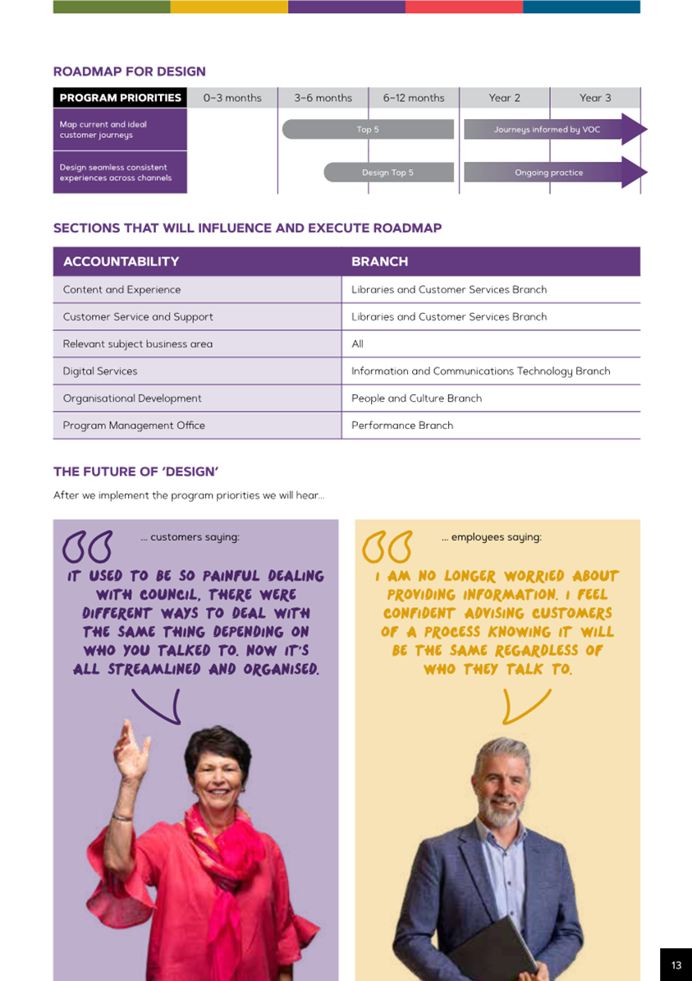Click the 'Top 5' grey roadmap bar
point(368,129)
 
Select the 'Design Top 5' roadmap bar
point(388,173)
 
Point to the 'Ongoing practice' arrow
point(548,173)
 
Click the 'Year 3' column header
point(595,98)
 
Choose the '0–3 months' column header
point(232,98)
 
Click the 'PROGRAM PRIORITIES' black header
point(120,98)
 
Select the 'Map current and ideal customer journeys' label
point(120,129)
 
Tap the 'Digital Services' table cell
point(100,371)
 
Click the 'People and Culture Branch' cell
point(416,398)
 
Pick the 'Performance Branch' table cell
point(402,425)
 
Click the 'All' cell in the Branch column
point(357,343)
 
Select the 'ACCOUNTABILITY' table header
point(121,261)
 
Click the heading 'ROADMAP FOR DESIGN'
point(129,71)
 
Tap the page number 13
point(676,965)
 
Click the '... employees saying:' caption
point(491,537)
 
